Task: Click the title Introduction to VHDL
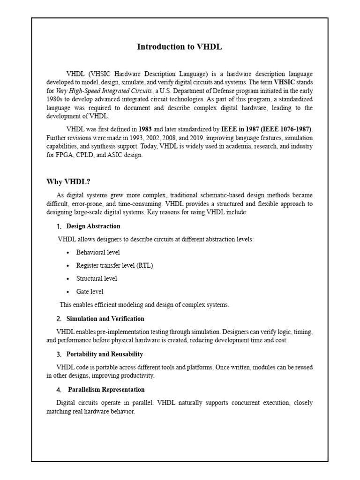pos(179,47)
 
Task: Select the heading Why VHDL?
pos(68,182)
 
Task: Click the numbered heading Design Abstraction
pos(93,226)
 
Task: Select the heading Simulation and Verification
pos(105,319)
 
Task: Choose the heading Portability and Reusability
pos(105,354)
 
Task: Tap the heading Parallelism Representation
pos(106,390)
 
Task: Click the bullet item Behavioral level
pos(97,252)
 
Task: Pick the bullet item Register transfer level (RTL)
pos(114,265)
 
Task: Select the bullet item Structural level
pos(97,278)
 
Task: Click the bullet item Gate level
pos(90,292)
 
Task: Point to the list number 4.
pos(59,390)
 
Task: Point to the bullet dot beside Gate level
pos(68,292)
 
